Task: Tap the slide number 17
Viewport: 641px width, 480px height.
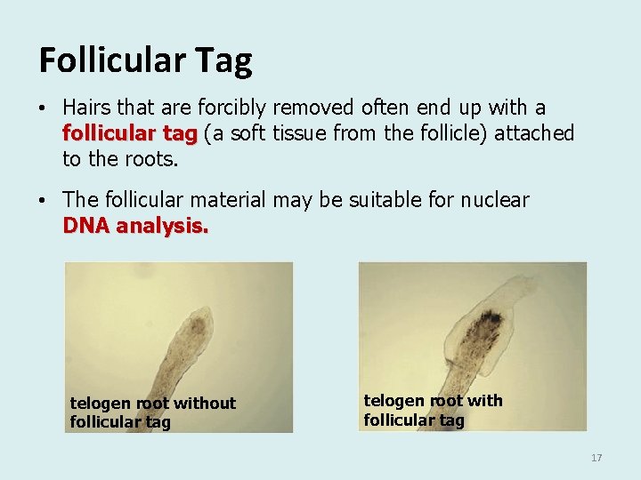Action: (596, 458)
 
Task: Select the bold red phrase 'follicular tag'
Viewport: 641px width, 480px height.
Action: (130, 134)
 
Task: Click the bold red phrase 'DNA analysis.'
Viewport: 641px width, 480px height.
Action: (135, 226)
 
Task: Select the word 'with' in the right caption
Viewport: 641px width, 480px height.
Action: (483, 401)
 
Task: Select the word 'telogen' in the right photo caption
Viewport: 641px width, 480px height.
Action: (393, 401)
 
